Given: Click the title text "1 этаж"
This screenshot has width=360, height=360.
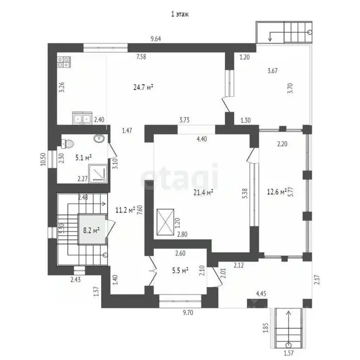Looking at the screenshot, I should click(x=180, y=15).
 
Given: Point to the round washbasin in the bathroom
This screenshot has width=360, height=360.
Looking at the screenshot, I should click(x=99, y=138).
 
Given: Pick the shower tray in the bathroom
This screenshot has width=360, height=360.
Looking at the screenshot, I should click(x=99, y=174).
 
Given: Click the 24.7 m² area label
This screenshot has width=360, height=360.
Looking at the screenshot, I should click(x=144, y=87).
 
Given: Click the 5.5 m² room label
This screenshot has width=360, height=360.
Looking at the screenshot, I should click(x=179, y=270).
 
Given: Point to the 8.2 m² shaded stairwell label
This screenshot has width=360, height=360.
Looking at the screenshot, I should click(x=91, y=230).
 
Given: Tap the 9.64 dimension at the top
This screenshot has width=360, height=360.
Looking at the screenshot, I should click(x=156, y=39).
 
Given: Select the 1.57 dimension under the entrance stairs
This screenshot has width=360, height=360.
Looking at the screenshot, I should click(x=289, y=354).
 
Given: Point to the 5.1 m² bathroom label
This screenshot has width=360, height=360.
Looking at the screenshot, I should click(x=83, y=157).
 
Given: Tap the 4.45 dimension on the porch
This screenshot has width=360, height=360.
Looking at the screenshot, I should click(x=262, y=293).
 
